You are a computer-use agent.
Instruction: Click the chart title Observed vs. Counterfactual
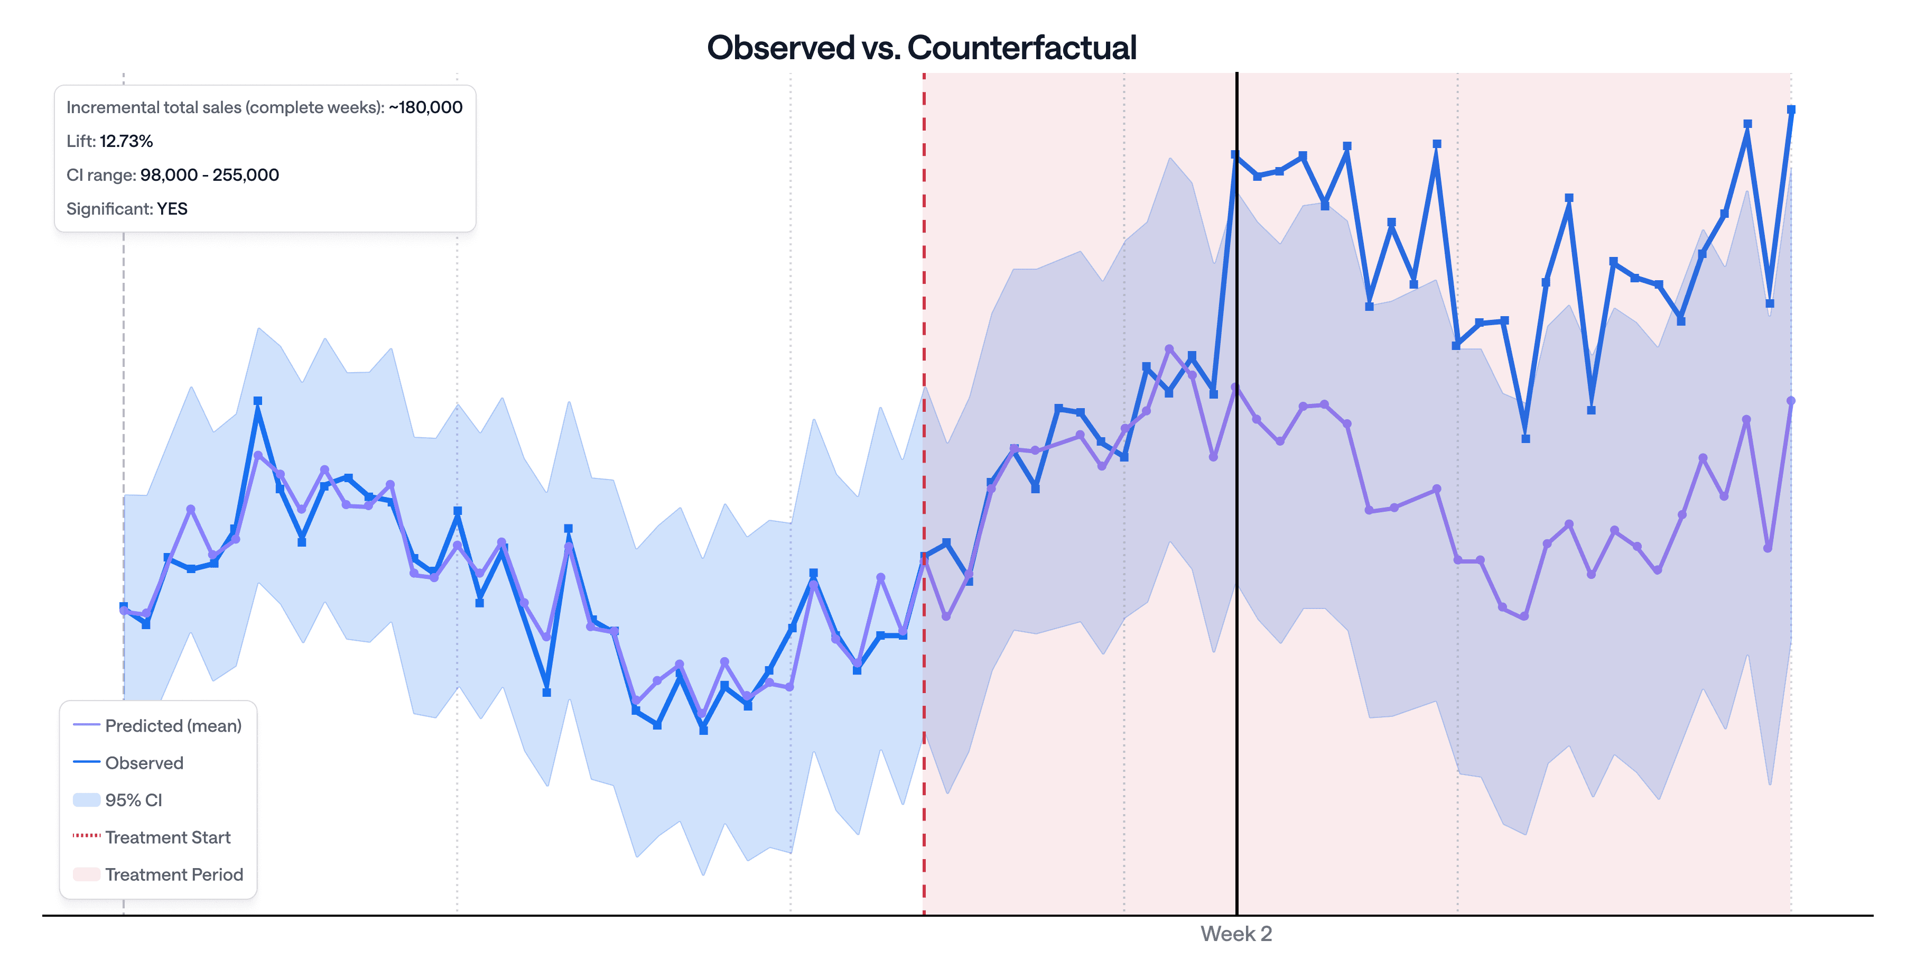(921, 48)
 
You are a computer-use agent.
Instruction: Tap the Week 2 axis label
(1235, 933)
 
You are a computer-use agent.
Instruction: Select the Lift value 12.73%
(126, 141)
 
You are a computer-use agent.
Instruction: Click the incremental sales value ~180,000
(425, 108)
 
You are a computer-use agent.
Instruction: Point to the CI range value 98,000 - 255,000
(209, 175)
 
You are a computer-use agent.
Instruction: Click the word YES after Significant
(172, 209)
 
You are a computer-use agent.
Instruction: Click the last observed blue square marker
(1791, 110)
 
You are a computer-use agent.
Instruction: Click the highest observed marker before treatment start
(257, 401)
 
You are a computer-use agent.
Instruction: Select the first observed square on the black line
(1235, 155)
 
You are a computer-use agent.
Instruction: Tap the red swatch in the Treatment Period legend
(86, 874)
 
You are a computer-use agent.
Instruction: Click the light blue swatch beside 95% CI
(86, 800)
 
